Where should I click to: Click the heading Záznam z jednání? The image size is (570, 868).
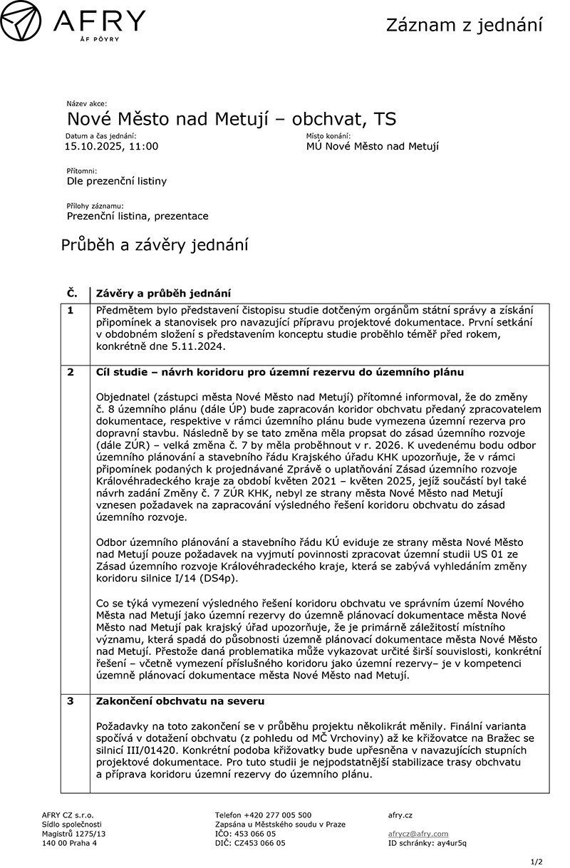point(464,26)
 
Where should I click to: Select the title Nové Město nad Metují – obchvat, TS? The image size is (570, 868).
point(232,118)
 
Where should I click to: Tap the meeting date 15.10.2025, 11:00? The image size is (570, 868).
point(111,147)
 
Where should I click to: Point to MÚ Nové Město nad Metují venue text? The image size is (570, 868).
point(372,147)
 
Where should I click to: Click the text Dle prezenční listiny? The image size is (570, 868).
point(117,181)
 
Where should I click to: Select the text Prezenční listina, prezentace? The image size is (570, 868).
point(138,216)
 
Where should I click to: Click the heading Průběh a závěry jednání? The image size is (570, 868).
point(155,246)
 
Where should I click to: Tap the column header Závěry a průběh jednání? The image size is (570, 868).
point(163,294)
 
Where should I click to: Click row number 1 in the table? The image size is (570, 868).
point(71,311)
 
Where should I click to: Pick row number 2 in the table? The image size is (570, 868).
point(71,372)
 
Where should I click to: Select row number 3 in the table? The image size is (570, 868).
point(71,701)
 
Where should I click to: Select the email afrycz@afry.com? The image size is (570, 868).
point(418,834)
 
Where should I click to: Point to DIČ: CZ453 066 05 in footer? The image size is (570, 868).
point(250,843)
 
